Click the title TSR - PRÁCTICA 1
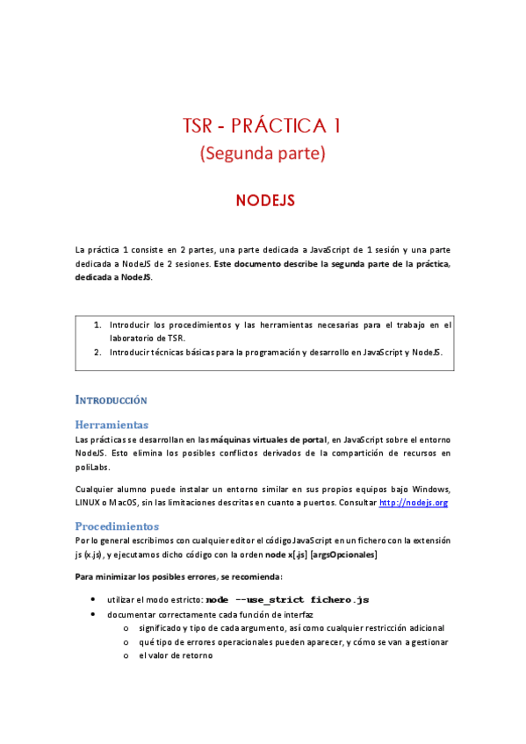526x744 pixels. (263, 125)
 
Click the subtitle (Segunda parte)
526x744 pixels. (263, 154)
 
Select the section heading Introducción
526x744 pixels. (112, 400)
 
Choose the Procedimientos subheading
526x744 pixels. (117, 526)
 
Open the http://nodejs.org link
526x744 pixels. (413, 503)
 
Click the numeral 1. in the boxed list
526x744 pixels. (97, 325)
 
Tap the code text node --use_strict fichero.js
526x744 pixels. (287, 599)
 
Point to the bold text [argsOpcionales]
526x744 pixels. (344, 554)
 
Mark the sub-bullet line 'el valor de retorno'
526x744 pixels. (176, 655)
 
